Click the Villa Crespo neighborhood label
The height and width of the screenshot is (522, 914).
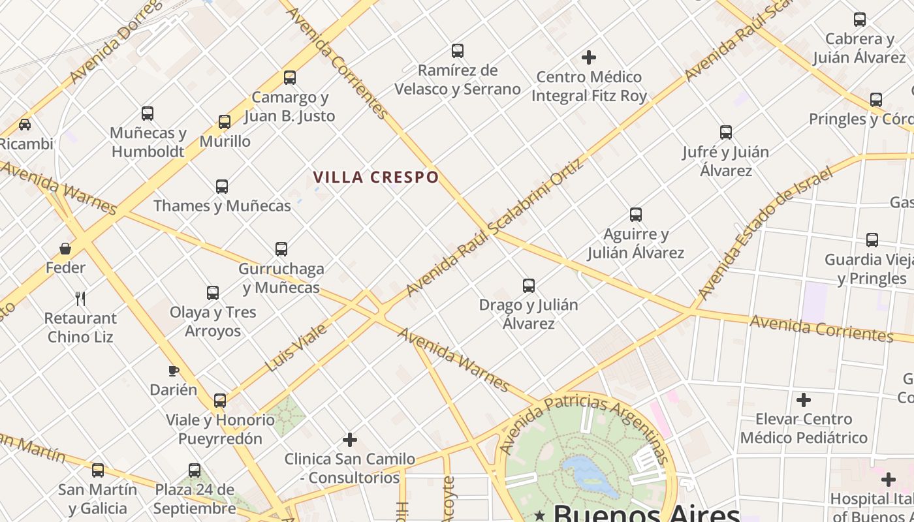375,177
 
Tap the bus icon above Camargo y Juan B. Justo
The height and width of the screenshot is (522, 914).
290,78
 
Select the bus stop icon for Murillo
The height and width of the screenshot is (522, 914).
225,122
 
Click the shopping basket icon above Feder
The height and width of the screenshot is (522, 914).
65,249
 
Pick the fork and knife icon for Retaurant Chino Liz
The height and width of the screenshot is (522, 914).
80,299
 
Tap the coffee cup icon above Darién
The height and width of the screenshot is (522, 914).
173,371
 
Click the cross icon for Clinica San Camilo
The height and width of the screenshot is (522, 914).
350,440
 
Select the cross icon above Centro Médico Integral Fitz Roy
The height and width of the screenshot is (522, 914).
589,57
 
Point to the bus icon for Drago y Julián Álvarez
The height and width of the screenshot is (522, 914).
529,285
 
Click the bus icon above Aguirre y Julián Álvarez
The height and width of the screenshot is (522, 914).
636,214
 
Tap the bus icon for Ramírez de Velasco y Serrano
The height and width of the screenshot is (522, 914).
458,50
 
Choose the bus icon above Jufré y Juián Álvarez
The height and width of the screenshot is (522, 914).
726,132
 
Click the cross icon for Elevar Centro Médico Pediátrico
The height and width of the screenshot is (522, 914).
804,399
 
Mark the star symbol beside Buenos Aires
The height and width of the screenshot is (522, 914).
539,516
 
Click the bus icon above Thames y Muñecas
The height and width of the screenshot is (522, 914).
222,187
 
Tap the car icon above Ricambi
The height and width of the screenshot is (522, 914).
25,124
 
